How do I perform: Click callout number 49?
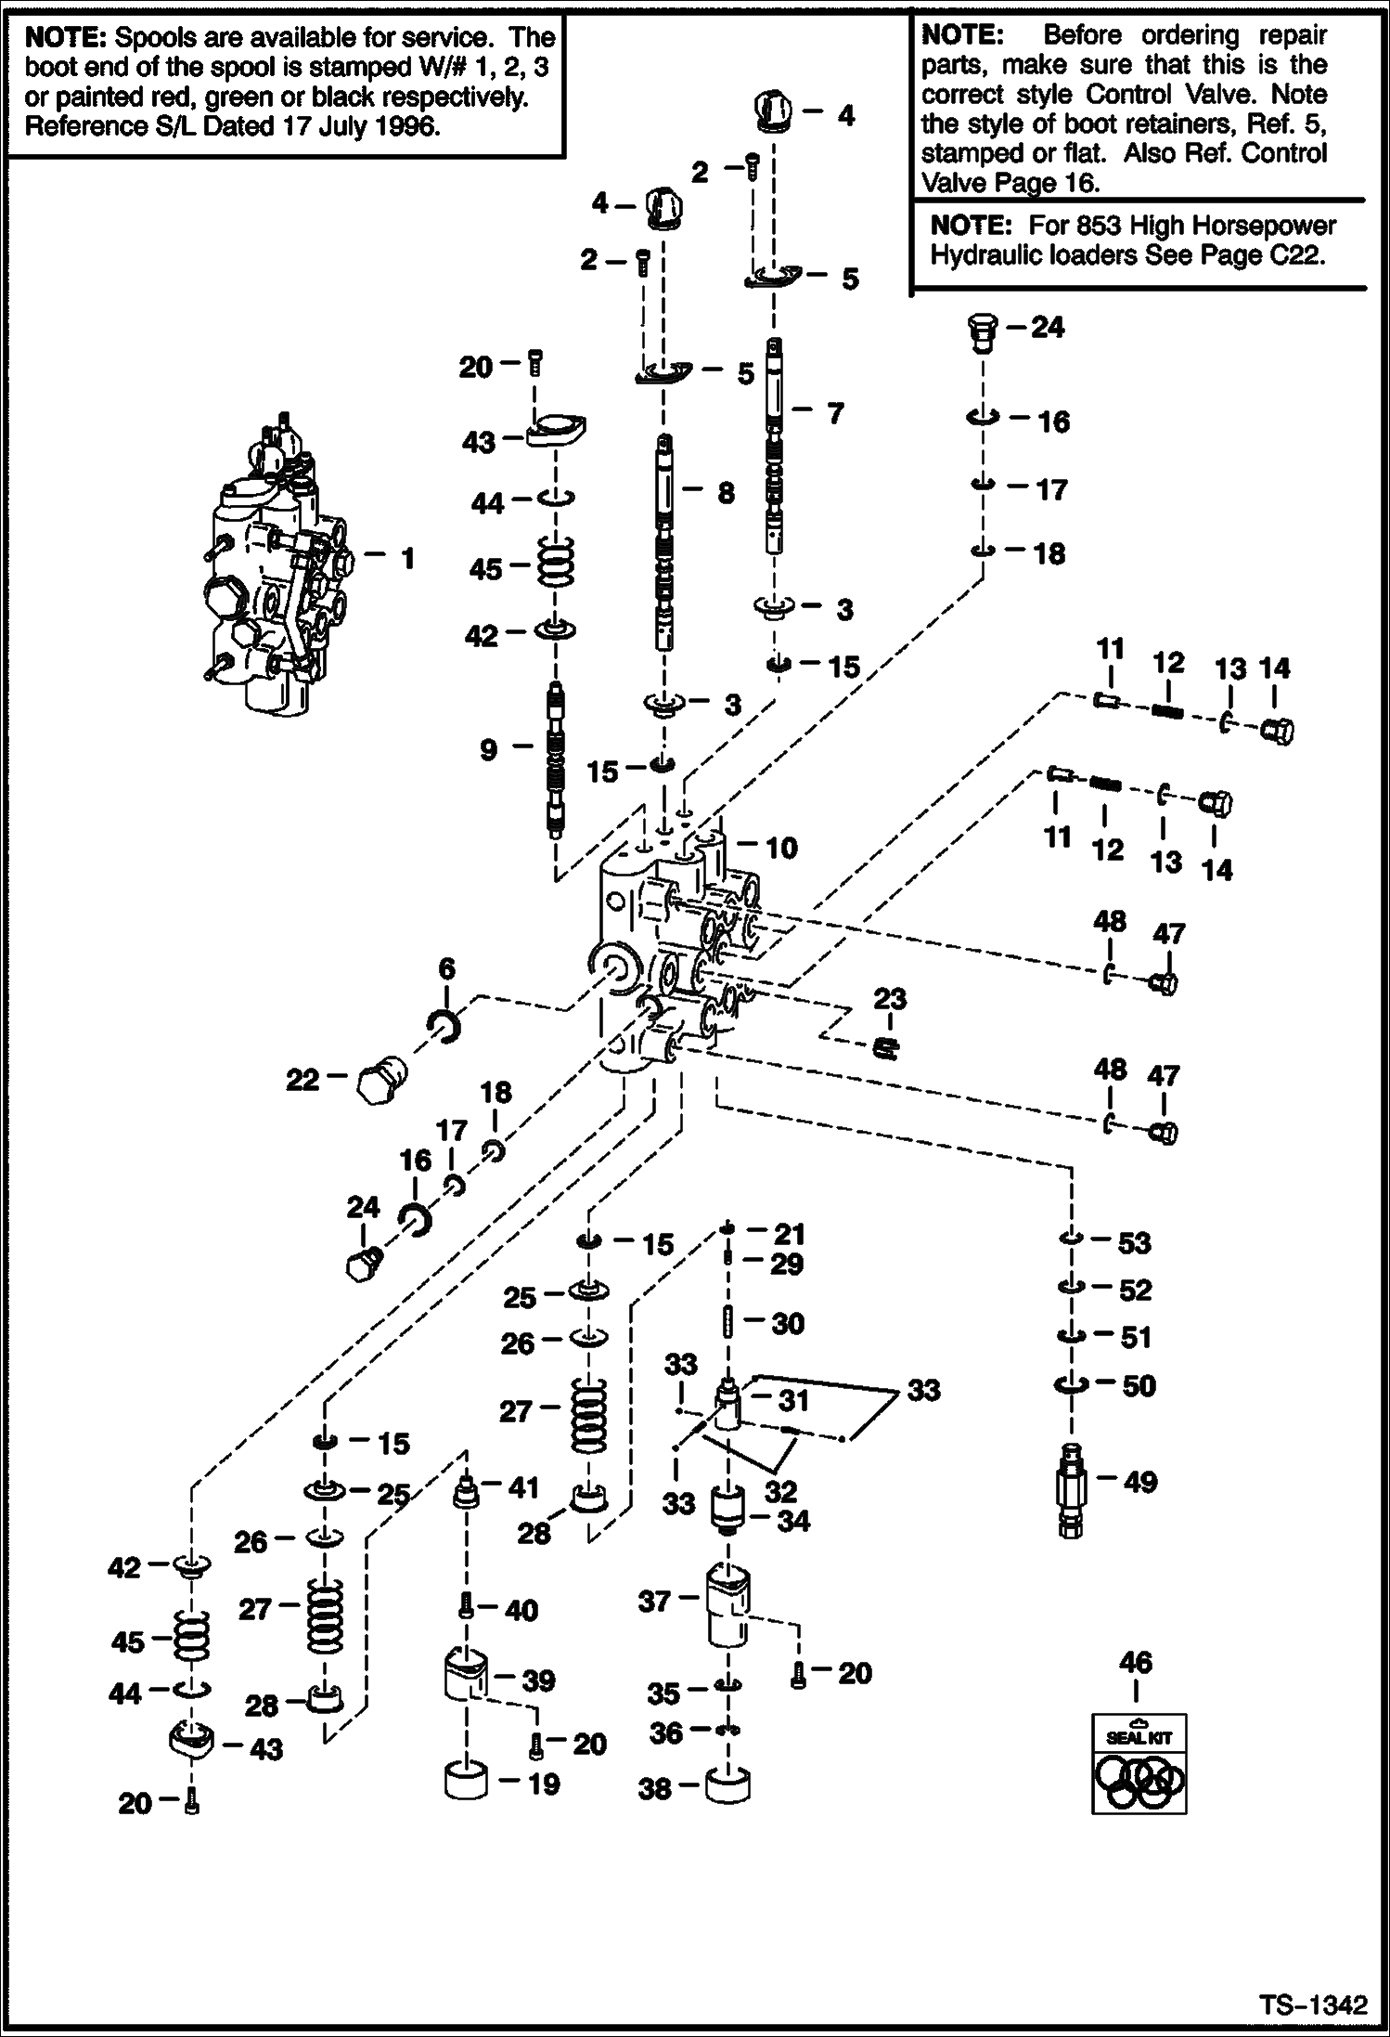click(1139, 1482)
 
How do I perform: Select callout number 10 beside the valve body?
click(780, 848)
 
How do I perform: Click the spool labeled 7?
click(776, 447)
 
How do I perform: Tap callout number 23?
click(889, 1000)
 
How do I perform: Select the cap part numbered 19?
click(466, 1783)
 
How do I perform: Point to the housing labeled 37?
click(728, 1606)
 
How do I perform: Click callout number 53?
click(1134, 1242)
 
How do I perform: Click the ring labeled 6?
click(444, 1026)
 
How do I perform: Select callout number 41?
click(522, 1488)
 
